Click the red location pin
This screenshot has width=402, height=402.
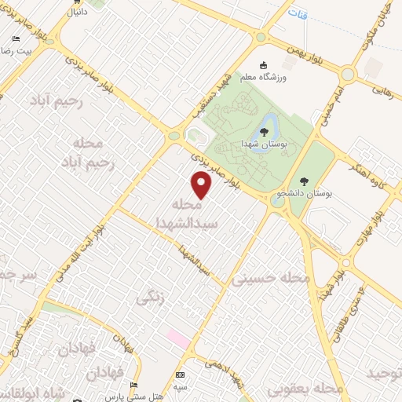tap(203, 185)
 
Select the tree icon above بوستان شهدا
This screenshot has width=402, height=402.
tap(264, 132)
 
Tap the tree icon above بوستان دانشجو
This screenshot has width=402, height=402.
tap(304, 181)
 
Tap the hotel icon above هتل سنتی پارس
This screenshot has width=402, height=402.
tap(133, 385)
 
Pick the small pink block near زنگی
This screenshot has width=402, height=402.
tap(177, 340)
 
